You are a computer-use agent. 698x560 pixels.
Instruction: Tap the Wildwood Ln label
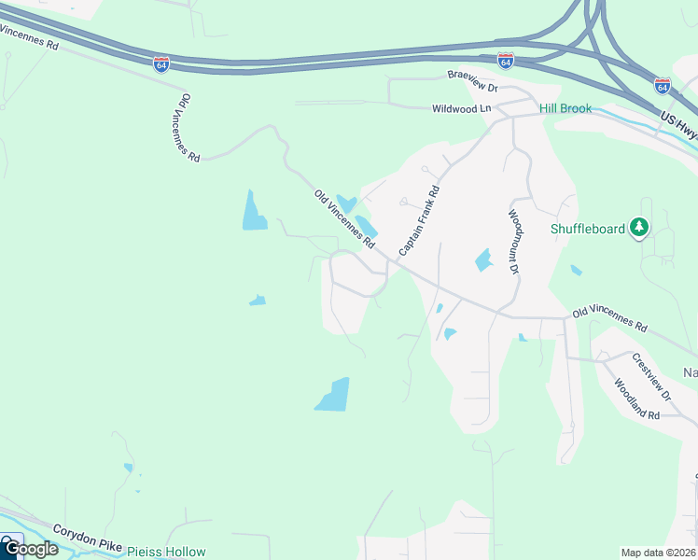click(461, 108)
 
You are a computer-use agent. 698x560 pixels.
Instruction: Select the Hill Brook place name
click(565, 109)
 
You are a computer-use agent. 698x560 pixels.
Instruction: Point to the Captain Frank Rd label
click(419, 219)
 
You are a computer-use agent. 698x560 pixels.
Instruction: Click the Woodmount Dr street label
click(513, 241)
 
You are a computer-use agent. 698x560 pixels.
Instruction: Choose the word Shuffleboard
click(587, 229)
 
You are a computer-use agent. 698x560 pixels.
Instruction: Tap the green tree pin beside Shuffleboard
click(639, 227)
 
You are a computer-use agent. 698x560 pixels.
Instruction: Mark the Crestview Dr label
click(650, 376)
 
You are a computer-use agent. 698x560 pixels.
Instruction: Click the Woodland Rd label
click(636, 399)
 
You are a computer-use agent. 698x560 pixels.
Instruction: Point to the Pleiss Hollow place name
click(166, 552)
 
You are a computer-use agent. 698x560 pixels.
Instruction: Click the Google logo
click(30, 549)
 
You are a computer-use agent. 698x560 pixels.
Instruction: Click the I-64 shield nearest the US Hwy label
click(662, 85)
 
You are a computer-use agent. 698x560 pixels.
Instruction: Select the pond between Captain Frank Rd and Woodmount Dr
click(482, 260)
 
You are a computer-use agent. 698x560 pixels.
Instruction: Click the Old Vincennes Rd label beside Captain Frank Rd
click(343, 219)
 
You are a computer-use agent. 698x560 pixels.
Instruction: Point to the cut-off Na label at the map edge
click(690, 372)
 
